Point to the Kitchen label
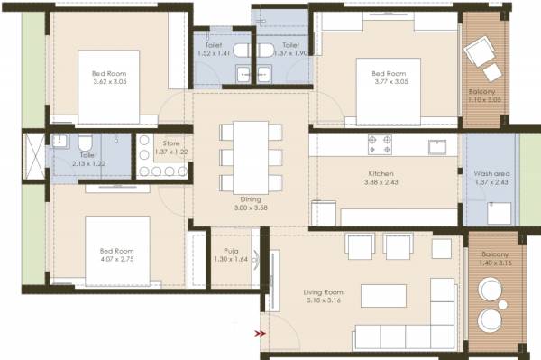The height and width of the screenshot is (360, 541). point(379,174)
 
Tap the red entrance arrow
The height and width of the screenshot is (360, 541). point(261,333)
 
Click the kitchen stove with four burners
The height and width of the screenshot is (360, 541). point(378,143)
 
